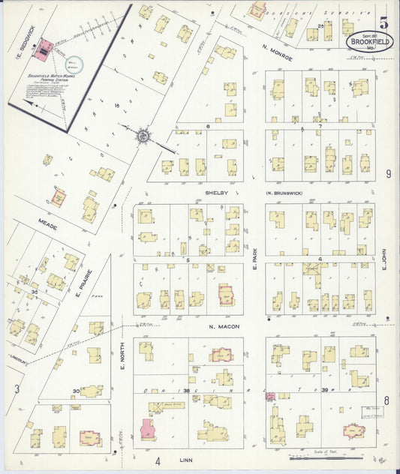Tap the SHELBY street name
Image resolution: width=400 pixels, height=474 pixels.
point(216,193)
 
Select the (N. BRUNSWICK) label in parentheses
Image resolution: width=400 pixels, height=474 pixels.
point(284,193)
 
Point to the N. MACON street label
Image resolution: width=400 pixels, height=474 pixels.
point(223,327)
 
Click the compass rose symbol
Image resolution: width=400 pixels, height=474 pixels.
point(142,136)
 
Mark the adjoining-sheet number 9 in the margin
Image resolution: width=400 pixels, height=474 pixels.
point(388,174)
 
